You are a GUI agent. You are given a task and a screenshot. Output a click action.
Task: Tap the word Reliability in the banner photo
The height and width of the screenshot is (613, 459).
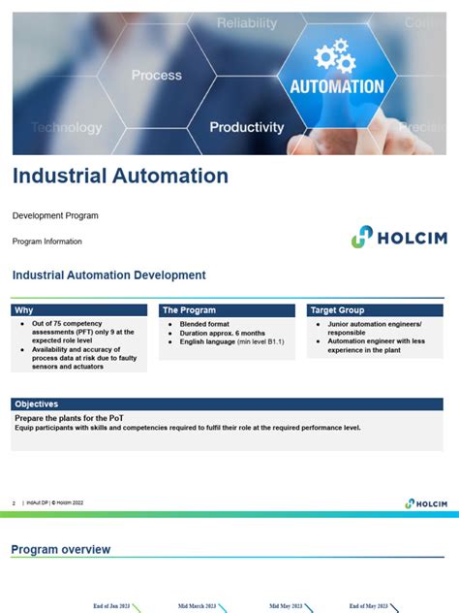(x=246, y=22)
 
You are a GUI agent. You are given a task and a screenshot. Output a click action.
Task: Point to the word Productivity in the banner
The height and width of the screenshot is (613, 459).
(x=247, y=127)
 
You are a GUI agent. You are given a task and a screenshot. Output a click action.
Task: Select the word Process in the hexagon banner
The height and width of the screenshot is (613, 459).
(x=156, y=75)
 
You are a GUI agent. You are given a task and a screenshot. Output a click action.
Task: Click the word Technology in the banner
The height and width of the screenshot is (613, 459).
(x=66, y=127)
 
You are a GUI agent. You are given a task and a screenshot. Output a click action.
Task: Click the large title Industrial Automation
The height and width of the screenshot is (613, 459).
(x=120, y=177)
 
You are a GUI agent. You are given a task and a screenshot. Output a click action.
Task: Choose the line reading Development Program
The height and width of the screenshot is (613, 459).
(x=55, y=215)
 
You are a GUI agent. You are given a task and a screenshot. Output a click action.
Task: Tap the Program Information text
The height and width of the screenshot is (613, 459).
(x=47, y=242)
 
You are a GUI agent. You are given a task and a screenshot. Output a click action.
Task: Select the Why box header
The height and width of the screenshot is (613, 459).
(x=24, y=310)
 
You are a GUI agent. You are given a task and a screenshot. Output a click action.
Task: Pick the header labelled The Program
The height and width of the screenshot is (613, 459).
(x=184, y=310)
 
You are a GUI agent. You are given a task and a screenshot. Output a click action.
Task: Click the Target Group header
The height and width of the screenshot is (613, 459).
(x=337, y=310)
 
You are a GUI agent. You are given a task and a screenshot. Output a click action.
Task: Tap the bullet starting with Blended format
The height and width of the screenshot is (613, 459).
(x=207, y=324)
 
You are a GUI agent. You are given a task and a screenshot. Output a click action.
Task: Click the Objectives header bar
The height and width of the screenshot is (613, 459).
(x=37, y=403)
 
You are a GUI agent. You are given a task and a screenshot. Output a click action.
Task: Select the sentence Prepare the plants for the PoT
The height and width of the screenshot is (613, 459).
(x=68, y=418)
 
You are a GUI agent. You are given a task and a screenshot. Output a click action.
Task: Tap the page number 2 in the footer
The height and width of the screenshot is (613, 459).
(x=14, y=503)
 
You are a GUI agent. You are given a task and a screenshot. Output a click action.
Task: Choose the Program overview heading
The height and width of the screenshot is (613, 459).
(x=61, y=550)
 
